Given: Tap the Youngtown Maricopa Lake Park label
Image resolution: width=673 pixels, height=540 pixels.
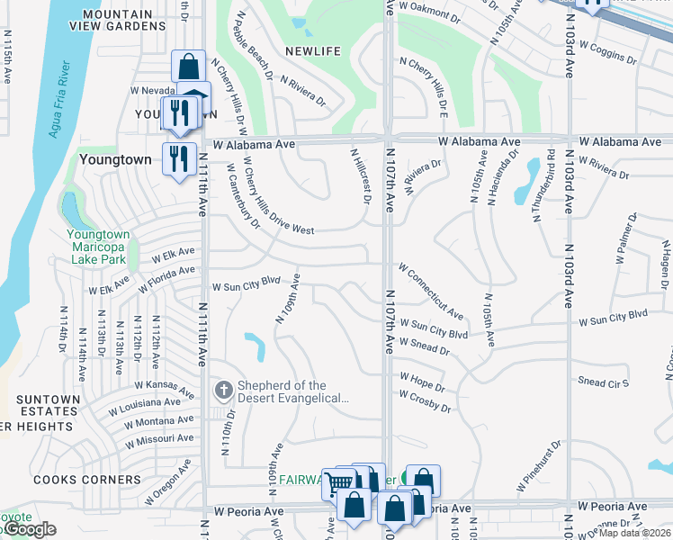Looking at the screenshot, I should click(x=99, y=246).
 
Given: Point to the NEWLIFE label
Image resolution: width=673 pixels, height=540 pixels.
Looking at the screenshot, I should click(x=313, y=51).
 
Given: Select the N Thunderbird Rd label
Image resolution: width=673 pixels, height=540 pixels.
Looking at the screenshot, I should click(x=536, y=183).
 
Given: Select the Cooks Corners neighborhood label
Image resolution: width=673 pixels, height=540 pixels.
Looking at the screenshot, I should click(x=76, y=480).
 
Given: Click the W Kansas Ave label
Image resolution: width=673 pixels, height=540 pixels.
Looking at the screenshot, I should click(x=167, y=388).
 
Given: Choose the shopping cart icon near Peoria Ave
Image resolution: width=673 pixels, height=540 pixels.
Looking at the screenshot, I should click(x=338, y=484).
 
